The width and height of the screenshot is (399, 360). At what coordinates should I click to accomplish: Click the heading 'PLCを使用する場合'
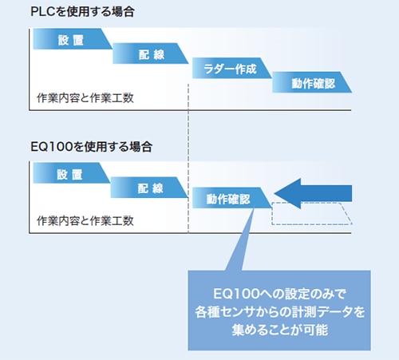82,12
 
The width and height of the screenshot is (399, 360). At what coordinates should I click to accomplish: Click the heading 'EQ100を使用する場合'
91,147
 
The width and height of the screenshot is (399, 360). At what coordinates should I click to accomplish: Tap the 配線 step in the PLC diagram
151,53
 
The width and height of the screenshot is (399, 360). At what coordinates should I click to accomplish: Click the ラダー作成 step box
231,68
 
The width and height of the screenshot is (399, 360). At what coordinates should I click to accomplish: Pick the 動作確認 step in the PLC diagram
312,82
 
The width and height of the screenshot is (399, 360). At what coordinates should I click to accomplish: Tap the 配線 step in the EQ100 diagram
149,188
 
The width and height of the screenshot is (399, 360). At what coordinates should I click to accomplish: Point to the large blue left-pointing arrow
313,193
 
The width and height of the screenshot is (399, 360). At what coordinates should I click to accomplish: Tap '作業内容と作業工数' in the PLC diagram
85,98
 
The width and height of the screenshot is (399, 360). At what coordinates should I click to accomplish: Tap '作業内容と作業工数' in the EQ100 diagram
85,220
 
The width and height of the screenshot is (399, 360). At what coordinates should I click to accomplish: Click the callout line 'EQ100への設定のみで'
279,294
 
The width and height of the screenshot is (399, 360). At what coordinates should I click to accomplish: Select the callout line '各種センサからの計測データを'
279,311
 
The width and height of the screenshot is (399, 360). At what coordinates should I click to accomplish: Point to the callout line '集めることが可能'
279,330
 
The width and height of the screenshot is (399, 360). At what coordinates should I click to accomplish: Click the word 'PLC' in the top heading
44,12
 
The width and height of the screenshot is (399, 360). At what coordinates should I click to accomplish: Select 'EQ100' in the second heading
52,147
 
